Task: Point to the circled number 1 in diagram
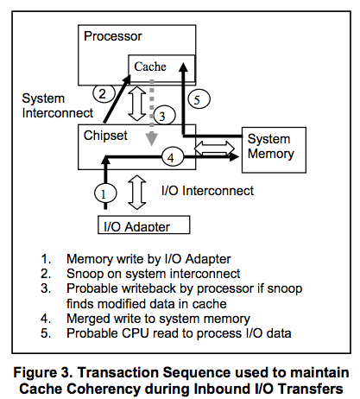point(104,193)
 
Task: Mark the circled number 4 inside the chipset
point(171,157)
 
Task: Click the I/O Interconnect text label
point(206,189)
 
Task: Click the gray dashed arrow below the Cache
point(151,112)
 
